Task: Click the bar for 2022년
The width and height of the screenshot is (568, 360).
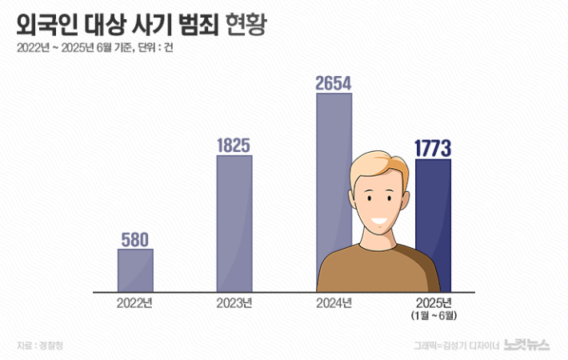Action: pyautogui.click(x=135, y=270)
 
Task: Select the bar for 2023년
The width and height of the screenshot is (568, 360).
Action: pyautogui.click(x=234, y=223)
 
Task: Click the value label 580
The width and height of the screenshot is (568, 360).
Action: pyautogui.click(x=135, y=239)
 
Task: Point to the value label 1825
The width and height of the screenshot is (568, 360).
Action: pyautogui.click(x=234, y=146)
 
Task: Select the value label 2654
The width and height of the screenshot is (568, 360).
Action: pyautogui.click(x=334, y=83)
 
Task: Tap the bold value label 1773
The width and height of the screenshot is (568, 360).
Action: pyautogui.click(x=434, y=148)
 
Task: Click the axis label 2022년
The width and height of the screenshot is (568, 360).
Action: pyautogui.click(x=135, y=303)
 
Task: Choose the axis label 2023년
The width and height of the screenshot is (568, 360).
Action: pyautogui.click(x=234, y=303)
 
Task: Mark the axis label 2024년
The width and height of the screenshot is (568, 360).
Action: pyautogui.click(x=334, y=303)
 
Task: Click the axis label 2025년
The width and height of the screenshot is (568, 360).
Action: pyautogui.click(x=434, y=302)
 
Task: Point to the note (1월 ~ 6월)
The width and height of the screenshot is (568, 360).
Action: pyautogui.click(x=434, y=315)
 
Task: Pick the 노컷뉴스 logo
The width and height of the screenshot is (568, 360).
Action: pyautogui.click(x=527, y=345)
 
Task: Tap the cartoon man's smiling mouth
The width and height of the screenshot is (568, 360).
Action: pyautogui.click(x=380, y=221)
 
